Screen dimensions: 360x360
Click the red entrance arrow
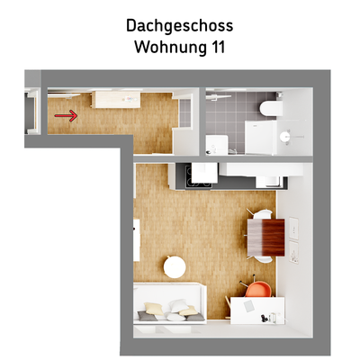(x=65, y=115)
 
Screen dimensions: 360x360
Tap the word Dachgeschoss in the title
(x=179, y=26)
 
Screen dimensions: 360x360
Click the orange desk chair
(x=257, y=289)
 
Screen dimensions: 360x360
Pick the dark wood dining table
(x=268, y=236)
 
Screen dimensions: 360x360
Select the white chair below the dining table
(x=262, y=256)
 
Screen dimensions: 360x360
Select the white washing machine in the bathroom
(x=216, y=145)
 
